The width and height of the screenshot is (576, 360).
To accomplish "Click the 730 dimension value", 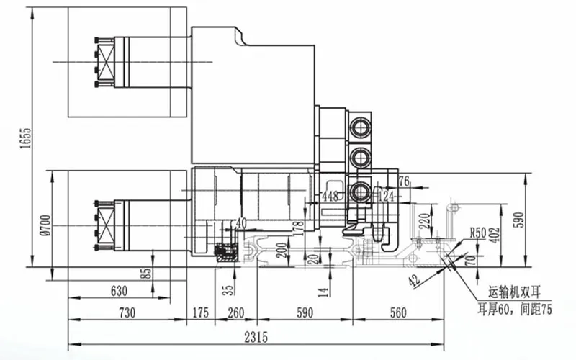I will [127, 313].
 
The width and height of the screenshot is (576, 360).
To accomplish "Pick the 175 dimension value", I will [200, 313].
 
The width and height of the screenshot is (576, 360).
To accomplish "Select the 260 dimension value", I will [235, 313].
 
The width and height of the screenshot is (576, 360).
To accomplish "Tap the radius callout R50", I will [479, 233].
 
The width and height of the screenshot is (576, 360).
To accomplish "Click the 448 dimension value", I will [330, 196].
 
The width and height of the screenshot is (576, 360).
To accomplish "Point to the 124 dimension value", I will [387, 196].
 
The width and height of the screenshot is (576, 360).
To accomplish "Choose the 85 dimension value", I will [148, 274].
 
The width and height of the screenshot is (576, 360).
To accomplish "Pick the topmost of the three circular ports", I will [359, 127].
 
